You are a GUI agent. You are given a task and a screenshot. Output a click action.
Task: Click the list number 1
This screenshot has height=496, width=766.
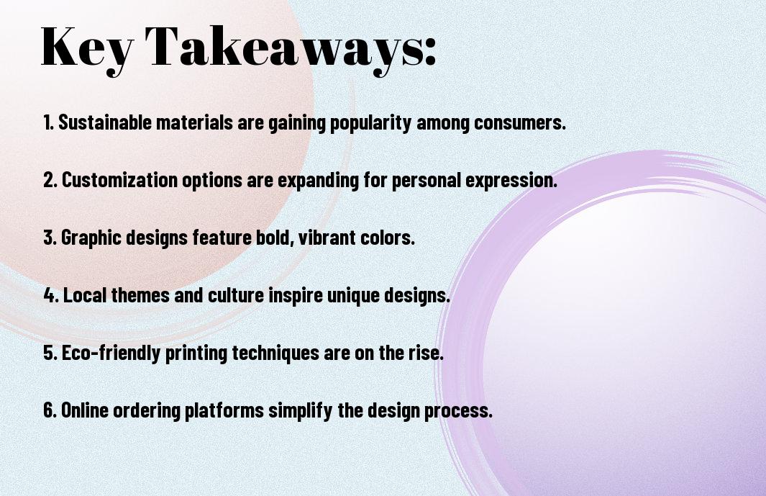click(x=48, y=122)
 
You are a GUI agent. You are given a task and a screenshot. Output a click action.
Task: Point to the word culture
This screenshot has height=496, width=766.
click(x=237, y=295)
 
